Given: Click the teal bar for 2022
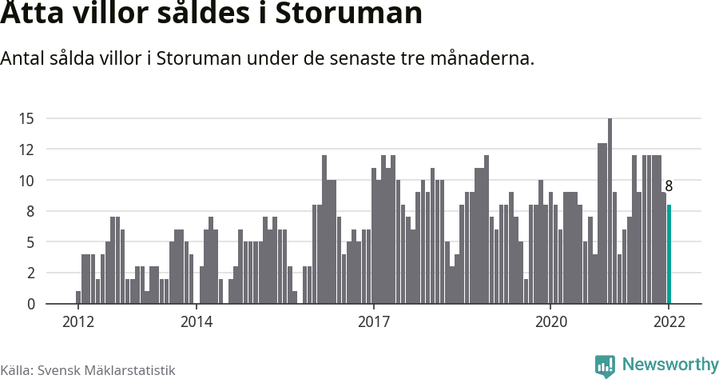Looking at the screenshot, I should pyautogui.click(x=669, y=254).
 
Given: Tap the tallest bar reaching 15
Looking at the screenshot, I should pyautogui.click(x=610, y=211).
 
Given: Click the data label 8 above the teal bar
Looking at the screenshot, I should pyautogui.click(x=669, y=186).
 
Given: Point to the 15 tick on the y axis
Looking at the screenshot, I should pyautogui.click(x=26, y=119).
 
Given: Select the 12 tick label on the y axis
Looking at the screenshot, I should pyautogui.click(x=26, y=150).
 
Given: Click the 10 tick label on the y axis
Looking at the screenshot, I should pyautogui.click(x=26, y=181).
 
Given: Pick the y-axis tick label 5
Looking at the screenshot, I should pyautogui.click(x=30, y=242).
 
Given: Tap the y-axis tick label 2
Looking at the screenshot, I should pyautogui.click(x=30, y=273).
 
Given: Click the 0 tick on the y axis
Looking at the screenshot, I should pyautogui.click(x=30, y=305).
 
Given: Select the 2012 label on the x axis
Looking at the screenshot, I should pyautogui.click(x=77, y=322).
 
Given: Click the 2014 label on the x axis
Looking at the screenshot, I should pyautogui.click(x=196, y=322).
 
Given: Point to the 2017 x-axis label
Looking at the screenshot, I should pyautogui.click(x=373, y=322).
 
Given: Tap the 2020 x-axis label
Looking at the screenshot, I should pyautogui.click(x=550, y=322).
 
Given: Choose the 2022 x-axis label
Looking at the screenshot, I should pyautogui.click(x=669, y=322).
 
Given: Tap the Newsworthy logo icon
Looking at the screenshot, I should pyautogui.click(x=605, y=366).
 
